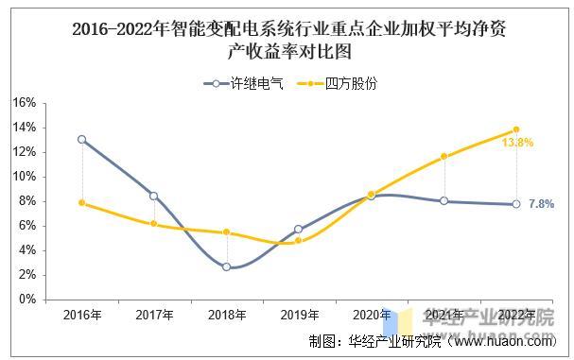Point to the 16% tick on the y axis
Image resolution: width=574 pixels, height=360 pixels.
click(24, 103)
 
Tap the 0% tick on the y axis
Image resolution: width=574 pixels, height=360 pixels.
click(26, 300)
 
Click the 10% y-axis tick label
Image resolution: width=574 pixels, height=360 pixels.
click(24, 177)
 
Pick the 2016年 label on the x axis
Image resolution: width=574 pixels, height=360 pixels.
click(81, 315)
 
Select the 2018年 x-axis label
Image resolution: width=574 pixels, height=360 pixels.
click(227, 315)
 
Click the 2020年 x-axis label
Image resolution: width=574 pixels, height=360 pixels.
click(372, 315)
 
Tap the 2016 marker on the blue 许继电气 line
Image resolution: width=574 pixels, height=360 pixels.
click(82, 139)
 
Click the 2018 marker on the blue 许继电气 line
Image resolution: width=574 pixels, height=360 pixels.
click(227, 266)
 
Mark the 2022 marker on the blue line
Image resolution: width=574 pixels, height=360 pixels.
click(516, 204)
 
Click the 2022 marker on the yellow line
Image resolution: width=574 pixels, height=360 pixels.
click(516, 129)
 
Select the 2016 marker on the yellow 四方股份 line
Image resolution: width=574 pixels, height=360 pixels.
click(82, 202)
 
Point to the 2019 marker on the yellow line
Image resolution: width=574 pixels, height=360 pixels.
click(299, 240)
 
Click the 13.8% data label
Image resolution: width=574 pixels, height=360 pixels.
click(517, 143)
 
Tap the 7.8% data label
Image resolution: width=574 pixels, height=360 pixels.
click(541, 204)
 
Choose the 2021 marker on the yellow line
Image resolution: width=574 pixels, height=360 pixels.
click(444, 157)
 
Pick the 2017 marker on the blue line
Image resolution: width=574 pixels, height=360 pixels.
click(154, 196)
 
